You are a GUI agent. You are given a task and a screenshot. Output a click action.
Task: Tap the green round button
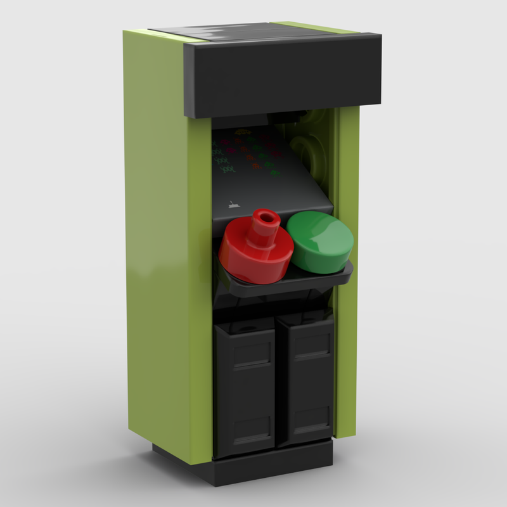(x=319, y=241)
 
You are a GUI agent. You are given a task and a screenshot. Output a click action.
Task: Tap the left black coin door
(x=245, y=387)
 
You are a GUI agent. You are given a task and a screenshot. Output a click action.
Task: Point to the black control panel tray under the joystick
(x=285, y=282)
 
